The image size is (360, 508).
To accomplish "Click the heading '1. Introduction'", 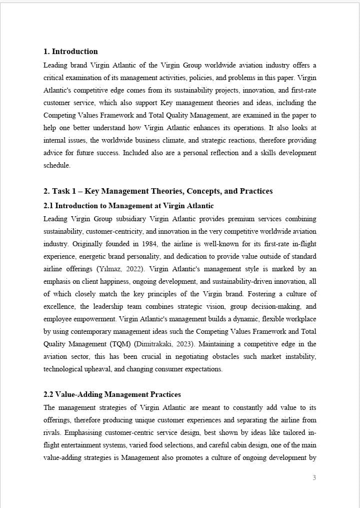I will click(x=70, y=52).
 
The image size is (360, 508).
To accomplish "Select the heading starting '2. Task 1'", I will click(x=158, y=191).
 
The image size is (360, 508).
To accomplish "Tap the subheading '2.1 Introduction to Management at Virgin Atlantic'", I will click(x=128, y=206).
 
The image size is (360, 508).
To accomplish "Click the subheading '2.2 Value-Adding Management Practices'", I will click(x=112, y=395).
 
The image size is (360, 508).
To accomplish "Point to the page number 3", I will click(x=314, y=477).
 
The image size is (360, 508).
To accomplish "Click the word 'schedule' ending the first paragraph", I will click(x=57, y=165).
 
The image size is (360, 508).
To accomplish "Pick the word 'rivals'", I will click(x=51, y=433).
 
